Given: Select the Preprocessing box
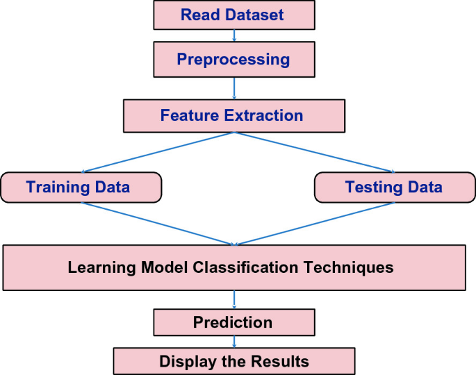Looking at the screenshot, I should (233, 59).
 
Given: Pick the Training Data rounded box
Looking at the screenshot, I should (81, 187).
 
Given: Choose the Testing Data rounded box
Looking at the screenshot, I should (393, 187).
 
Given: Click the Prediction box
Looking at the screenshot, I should (233, 322).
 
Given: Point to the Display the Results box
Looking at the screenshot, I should (233, 361).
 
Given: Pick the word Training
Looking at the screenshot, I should (58, 187).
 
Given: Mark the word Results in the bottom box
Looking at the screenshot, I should (279, 361).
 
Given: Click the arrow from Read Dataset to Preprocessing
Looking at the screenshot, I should (233, 35).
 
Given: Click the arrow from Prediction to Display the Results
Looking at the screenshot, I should (234, 342).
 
